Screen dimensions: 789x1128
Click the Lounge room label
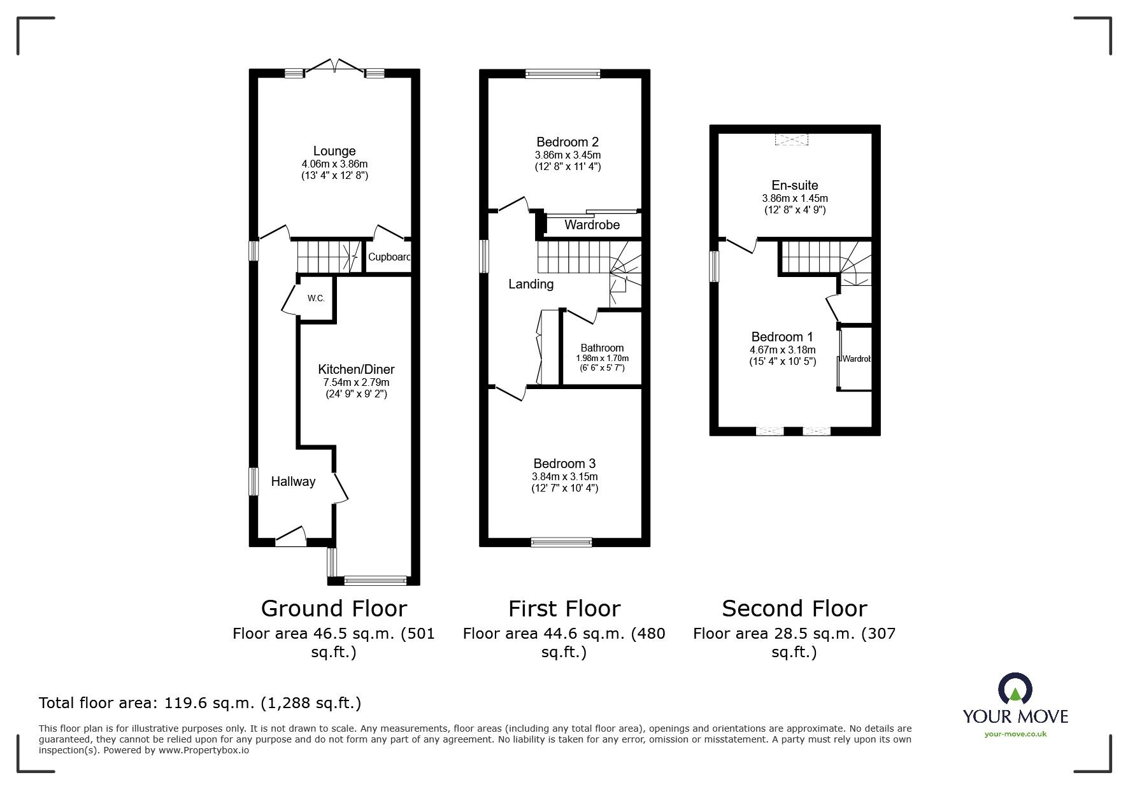click(x=334, y=152)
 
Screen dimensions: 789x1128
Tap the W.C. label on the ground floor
click(x=316, y=298)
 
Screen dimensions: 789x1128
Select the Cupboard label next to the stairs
click(x=389, y=257)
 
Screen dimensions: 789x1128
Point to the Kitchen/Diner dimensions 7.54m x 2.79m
click(x=356, y=383)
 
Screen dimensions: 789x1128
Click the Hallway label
click(x=293, y=482)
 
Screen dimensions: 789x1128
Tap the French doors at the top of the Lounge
click(x=334, y=66)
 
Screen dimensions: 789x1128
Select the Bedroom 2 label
click(x=567, y=142)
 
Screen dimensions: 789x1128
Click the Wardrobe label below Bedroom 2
click(x=592, y=225)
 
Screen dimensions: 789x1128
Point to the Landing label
click(x=531, y=285)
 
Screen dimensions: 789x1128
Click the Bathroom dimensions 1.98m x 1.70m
click(x=602, y=359)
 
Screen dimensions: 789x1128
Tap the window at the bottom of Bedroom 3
click(x=561, y=543)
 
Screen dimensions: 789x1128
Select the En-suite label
click(x=794, y=186)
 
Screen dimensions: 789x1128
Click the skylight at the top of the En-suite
click(x=792, y=139)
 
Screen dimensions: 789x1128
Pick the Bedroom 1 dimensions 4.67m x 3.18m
click(x=782, y=350)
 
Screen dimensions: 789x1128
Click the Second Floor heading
click(x=794, y=609)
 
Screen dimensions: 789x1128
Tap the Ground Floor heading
click(x=334, y=609)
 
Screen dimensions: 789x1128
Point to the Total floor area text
click(x=200, y=703)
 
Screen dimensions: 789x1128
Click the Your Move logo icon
click(x=1015, y=690)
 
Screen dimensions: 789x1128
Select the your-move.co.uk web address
click(x=1015, y=734)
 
